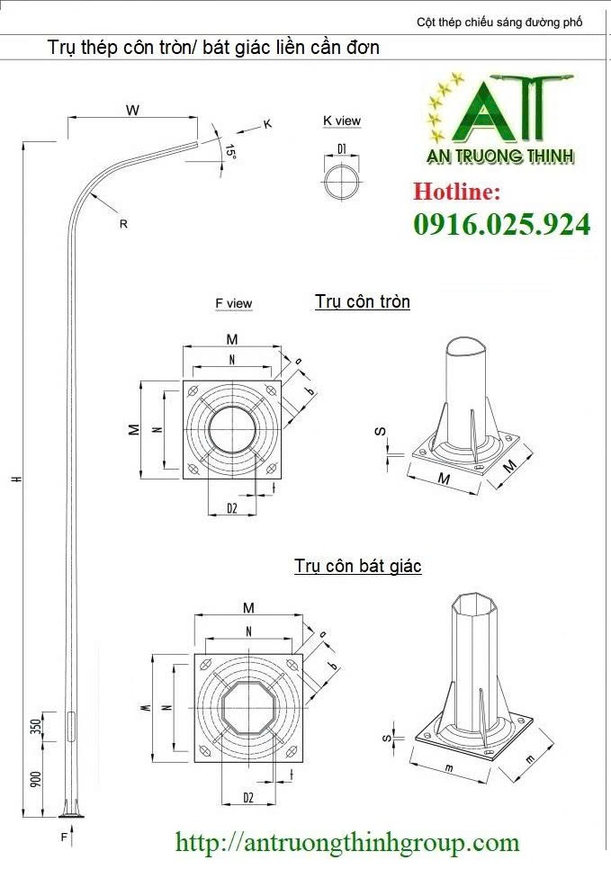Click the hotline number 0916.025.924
pos(502,224)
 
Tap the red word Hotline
pos(456,192)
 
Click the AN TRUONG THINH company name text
pos(499,156)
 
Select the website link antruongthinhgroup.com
pos(347,843)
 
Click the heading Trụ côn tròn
pos(363,301)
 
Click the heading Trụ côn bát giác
pos(357,566)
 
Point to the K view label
pos(341,121)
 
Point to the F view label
pos(233,304)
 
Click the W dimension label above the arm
pos(132,111)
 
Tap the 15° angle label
pos(230,152)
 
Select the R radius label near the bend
pos(123,224)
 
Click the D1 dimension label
pos(342,148)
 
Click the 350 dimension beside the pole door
pos(36,727)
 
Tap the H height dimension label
pos(16,479)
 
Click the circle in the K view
pos(342,181)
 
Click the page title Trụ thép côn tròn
pos(213,48)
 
